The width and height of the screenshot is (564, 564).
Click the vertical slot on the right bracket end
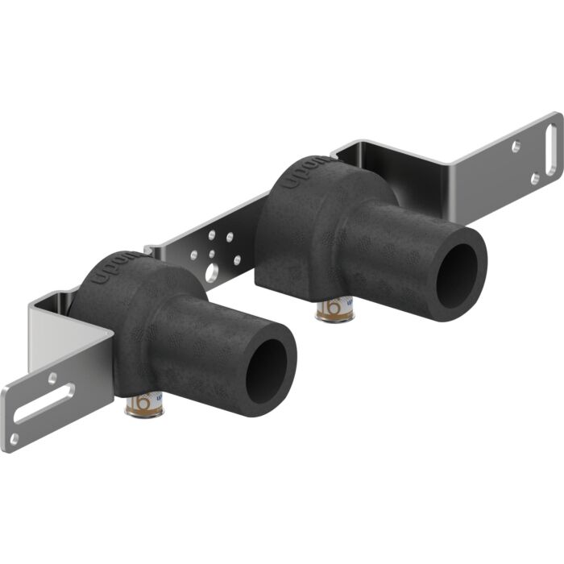pyautogui.click(x=552, y=144)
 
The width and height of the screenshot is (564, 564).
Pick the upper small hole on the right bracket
pyautogui.click(x=516, y=147)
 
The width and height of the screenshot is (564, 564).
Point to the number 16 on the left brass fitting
pyautogui.click(x=142, y=400)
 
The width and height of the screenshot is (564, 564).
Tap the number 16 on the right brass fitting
pyautogui.click(x=331, y=307)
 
